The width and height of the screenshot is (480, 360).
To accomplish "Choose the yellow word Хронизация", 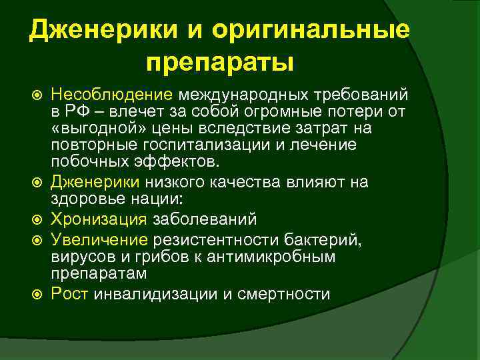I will click(x=101, y=219).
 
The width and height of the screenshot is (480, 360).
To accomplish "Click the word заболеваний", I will click(x=205, y=219).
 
